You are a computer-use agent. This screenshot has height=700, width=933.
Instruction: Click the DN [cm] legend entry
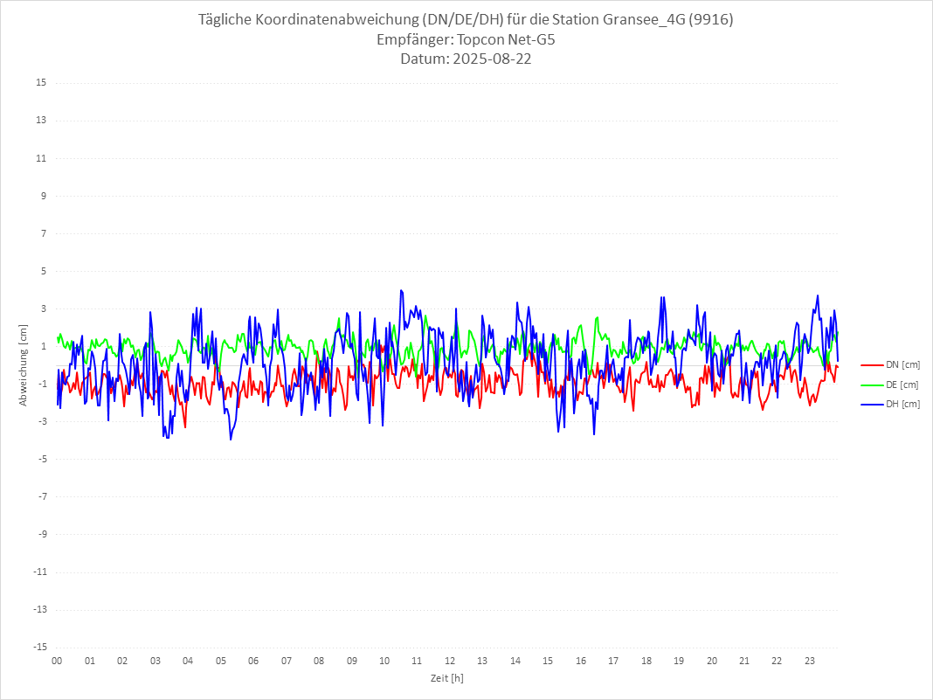click(x=902, y=364)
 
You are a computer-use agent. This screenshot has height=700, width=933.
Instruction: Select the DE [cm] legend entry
click(x=902, y=385)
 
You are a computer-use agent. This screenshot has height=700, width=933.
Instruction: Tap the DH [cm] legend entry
click(x=902, y=404)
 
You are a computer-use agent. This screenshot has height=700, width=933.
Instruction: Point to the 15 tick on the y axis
click(x=41, y=83)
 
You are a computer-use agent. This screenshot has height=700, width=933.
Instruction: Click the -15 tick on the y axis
click(x=39, y=648)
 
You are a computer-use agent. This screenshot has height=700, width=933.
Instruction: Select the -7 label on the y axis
click(x=41, y=496)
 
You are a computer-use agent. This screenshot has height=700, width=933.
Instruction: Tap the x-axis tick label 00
click(x=57, y=662)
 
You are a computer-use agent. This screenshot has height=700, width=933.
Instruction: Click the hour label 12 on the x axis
click(x=450, y=662)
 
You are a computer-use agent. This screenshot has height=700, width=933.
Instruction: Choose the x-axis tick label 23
click(x=810, y=662)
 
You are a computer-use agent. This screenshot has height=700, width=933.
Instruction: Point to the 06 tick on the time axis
click(x=253, y=662)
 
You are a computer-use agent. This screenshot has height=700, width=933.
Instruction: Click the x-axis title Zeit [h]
click(x=446, y=678)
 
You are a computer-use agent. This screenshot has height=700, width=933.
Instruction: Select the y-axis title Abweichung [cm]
click(x=24, y=365)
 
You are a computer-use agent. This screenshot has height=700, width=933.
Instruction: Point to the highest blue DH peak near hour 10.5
click(x=401, y=290)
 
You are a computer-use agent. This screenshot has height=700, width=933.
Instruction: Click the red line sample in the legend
click(x=871, y=364)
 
